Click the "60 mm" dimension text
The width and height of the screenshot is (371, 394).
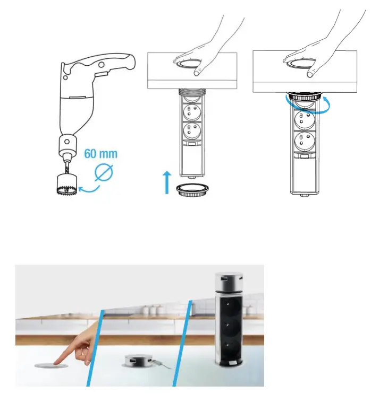(100, 155)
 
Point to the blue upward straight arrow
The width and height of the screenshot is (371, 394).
(166, 181)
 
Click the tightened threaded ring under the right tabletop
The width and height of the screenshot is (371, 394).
(304, 101)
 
